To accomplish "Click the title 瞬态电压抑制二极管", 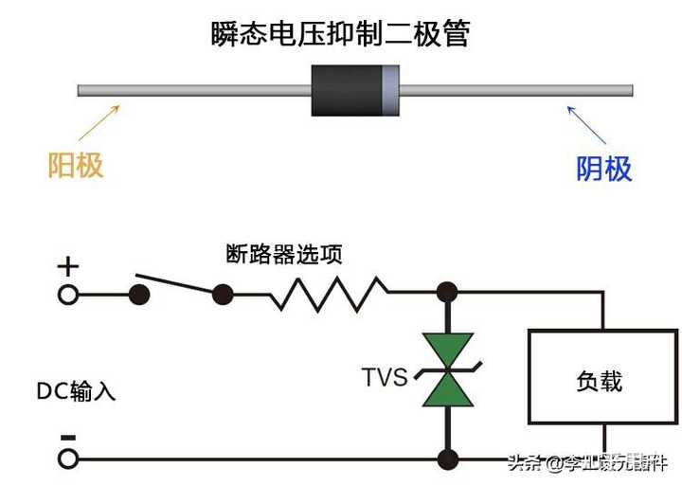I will click(340, 35).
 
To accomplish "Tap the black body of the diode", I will click(347, 91).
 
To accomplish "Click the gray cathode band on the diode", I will click(389, 91).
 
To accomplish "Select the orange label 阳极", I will click(76, 166).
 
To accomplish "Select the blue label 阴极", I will click(604, 169).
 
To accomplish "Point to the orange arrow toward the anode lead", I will click(99, 123).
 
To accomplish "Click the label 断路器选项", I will click(284, 254).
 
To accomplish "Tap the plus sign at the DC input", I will click(68, 266).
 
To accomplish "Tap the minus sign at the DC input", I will click(67, 437).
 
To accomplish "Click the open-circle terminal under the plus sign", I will click(68, 295).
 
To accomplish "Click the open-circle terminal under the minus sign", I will click(68, 460).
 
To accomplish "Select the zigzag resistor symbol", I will click(328, 294).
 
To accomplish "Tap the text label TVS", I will click(385, 377).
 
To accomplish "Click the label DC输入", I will click(76, 391).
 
